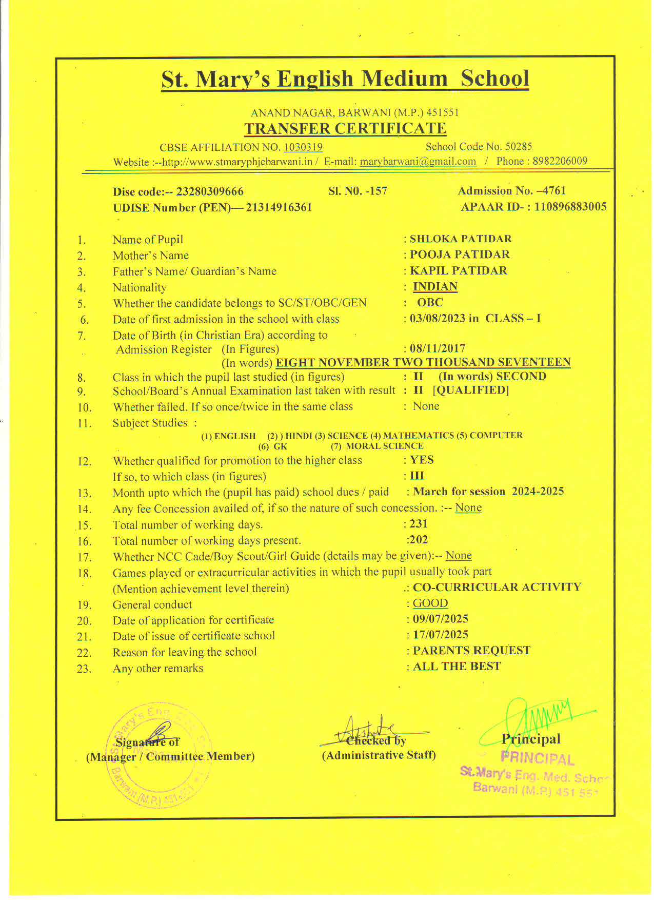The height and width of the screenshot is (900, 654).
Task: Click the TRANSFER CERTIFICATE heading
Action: (x=345, y=128)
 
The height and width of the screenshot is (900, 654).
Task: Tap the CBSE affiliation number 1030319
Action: (x=303, y=147)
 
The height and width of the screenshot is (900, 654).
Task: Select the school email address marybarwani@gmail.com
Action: (x=418, y=162)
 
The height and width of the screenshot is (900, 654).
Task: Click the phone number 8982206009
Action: (x=560, y=161)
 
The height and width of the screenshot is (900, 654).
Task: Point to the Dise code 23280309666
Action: (x=209, y=192)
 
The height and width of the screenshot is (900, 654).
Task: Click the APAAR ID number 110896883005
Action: (x=570, y=207)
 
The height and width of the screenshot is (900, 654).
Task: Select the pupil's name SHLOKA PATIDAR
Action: (x=460, y=239)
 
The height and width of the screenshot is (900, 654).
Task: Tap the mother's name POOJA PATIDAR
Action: (x=460, y=255)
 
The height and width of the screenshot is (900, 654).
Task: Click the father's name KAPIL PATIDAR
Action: (x=458, y=270)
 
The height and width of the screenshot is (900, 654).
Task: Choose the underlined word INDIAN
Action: (x=435, y=286)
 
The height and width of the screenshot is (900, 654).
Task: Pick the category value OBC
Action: (x=430, y=302)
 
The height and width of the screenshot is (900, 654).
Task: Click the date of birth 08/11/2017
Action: (x=438, y=348)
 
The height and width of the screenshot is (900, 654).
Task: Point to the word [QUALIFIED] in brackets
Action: (x=471, y=390)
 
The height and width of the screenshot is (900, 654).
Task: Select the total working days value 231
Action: (x=419, y=524)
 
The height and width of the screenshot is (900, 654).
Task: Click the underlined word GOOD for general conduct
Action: (x=430, y=603)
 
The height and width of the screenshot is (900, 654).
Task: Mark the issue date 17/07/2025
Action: (x=441, y=635)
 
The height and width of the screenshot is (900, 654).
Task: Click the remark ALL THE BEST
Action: (x=457, y=667)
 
